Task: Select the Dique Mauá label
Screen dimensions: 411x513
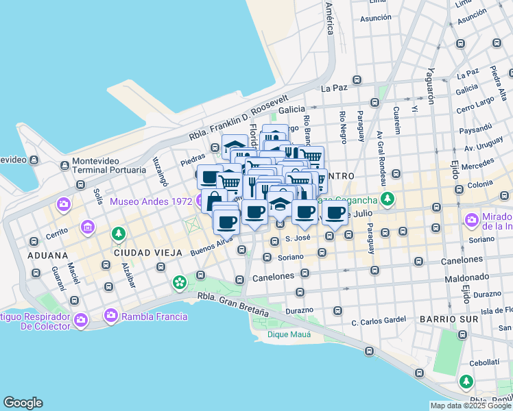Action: [x=289, y=334]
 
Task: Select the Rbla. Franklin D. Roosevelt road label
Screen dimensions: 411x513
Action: [x=238, y=117]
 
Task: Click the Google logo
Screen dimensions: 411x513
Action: [x=23, y=403]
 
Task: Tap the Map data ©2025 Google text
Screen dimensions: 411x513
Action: [x=470, y=406]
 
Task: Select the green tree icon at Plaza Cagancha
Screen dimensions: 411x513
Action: [x=388, y=199]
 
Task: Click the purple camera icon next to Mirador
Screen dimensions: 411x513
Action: [x=472, y=221]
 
